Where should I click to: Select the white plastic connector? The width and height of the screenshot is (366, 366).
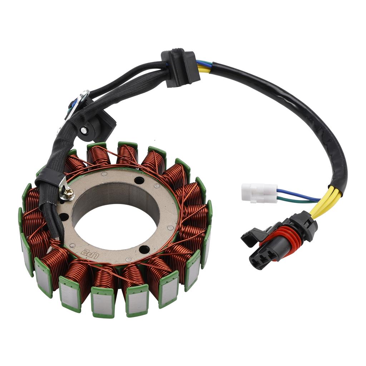[x=259, y=192]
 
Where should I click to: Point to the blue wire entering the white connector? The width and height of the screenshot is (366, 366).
[x=297, y=195]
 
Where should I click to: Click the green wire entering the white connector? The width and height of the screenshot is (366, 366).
[x=293, y=201]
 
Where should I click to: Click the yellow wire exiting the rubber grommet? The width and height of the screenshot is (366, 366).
[x=203, y=70]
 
